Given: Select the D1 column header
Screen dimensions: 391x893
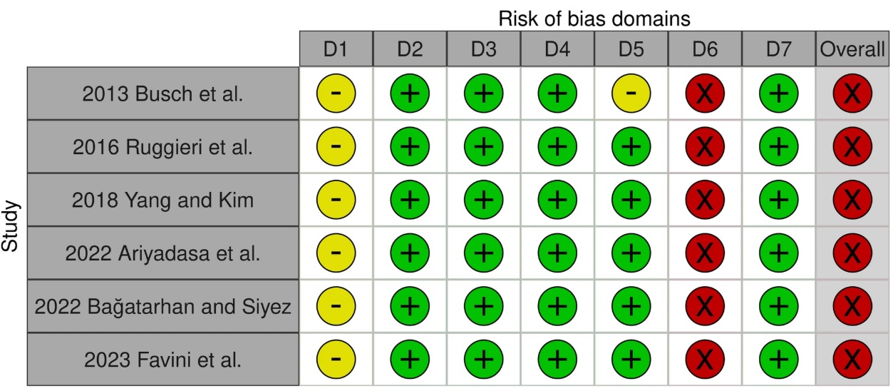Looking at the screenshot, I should click(x=336, y=49).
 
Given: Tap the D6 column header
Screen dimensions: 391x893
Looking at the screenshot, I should click(x=704, y=49).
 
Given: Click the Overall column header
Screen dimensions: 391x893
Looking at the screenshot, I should click(x=852, y=49).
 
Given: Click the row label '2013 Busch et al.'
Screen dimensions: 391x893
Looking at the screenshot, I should click(x=163, y=94).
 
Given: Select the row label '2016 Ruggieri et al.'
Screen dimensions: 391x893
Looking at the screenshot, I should click(x=163, y=147).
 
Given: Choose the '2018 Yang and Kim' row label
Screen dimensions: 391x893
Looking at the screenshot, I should click(x=163, y=200).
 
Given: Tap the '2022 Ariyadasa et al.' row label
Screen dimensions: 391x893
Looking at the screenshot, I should click(x=163, y=253).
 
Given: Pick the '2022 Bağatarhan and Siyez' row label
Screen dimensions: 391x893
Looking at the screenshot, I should click(x=163, y=306).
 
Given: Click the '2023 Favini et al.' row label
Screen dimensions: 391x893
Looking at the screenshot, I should click(x=163, y=360).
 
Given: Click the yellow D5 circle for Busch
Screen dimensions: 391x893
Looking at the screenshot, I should click(x=631, y=94).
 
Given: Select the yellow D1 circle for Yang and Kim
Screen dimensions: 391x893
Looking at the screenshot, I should click(x=336, y=200).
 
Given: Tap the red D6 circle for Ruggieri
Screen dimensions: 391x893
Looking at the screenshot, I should click(x=704, y=147).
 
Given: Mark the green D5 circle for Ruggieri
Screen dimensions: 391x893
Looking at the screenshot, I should click(x=631, y=147).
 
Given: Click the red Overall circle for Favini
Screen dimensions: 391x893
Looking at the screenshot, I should click(x=852, y=360).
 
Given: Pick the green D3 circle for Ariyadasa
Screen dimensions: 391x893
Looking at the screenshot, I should click(x=483, y=253).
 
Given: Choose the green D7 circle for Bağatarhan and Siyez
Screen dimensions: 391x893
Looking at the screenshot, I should click(x=778, y=306).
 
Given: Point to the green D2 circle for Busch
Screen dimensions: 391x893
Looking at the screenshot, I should click(x=410, y=94).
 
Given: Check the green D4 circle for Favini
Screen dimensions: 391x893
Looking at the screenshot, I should click(x=557, y=360).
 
